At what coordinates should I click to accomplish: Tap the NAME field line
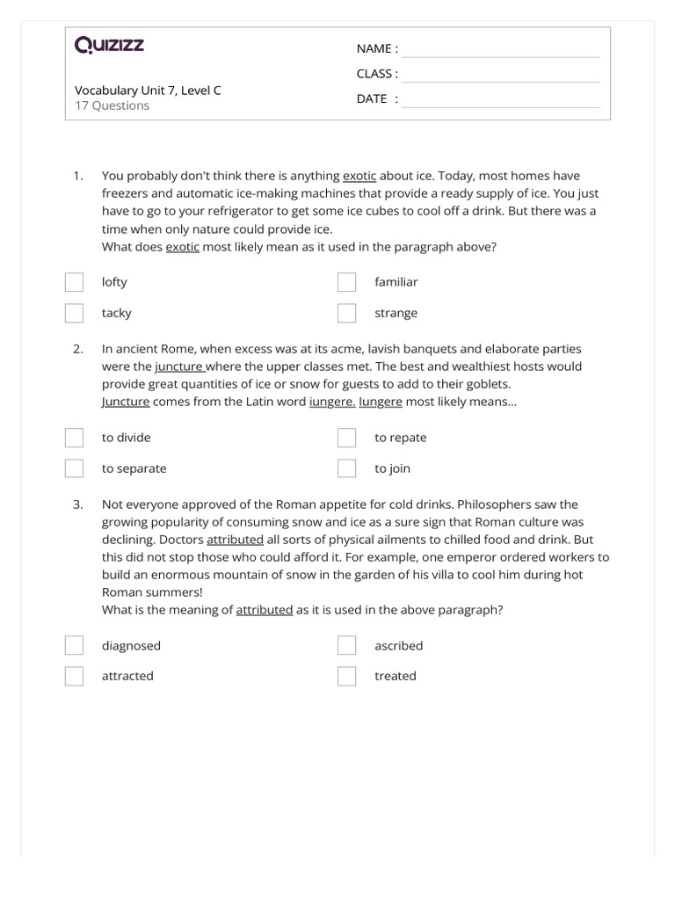coord(500,50)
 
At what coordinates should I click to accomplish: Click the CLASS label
coord(377,74)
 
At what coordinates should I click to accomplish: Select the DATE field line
coord(500,100)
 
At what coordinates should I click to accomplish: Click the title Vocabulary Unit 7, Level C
coord(148,90)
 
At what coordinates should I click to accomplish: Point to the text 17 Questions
coord(112,105)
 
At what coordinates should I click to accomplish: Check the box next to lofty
coord(74,282)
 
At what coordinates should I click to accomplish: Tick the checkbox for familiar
coord(347,282)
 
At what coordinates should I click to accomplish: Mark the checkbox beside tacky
coord(74,313)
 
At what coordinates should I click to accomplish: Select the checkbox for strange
coord(347,313)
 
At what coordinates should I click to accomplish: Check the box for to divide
coord(74,438)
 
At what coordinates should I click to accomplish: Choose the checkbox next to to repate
coord(347,438)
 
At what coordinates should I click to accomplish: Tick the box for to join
coord(347,468)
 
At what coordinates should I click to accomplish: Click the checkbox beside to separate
coord(74,468)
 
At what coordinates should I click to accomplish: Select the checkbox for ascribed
coord(347,646)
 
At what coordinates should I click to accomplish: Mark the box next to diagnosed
coord(74,646)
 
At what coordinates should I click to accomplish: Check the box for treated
coord(347,676)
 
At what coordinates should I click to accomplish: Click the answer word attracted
coord(127,676)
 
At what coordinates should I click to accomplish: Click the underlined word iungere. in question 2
coord(332,402)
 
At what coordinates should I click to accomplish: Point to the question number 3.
coord(78,504)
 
